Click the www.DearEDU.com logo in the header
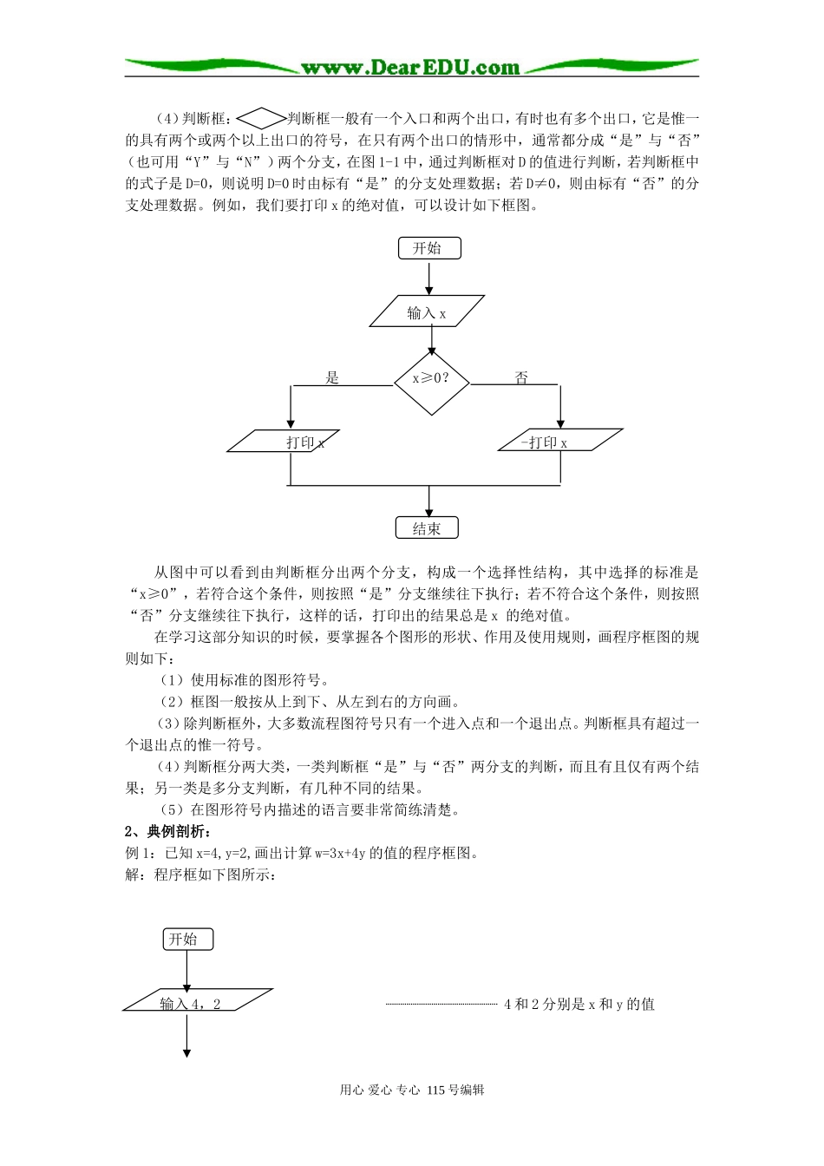(x=410, y=68)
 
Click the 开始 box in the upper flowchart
(x=429, y=248)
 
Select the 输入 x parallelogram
(x=427, y=312)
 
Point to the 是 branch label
(x=332, y=377)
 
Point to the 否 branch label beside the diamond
(x=521, y=377)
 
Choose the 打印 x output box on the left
(x=284, y=442)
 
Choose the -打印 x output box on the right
(x=560, y=442)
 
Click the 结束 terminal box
(x=427, y=528)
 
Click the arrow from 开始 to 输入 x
(x=429, y=278)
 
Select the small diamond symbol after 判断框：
(x=260, y=118)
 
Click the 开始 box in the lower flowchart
(x=187, y=939)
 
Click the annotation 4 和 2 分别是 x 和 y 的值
(x=579, y=1004)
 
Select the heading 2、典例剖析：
(x=168, y=831)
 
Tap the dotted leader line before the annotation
(x=441, y=1004)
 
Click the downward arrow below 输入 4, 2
(x=186, y=1037)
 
